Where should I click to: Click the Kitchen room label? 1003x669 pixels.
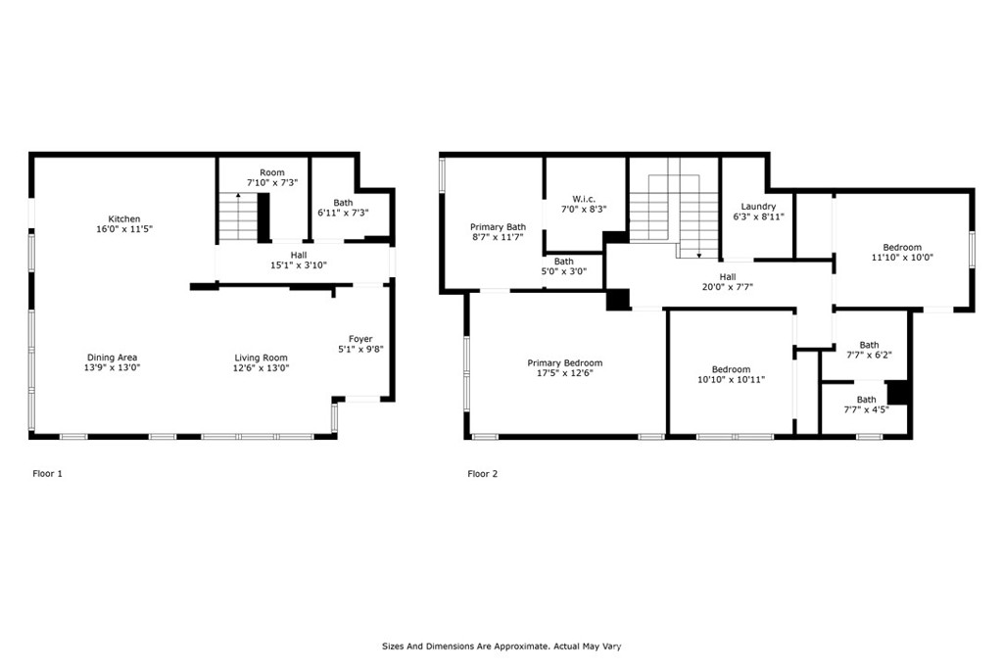pos(123,219)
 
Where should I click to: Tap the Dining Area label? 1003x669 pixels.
pos(111,358)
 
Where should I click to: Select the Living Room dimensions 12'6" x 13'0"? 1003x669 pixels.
pos(261,368)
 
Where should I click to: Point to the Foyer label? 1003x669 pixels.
pos(360,339)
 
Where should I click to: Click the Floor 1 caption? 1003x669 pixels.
pos(48,474)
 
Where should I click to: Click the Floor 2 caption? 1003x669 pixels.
pos(482,474)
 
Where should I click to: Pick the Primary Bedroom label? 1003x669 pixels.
pos(564,363)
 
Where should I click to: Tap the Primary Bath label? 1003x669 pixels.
pos(498,226)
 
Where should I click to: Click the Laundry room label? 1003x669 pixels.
pos(758,207)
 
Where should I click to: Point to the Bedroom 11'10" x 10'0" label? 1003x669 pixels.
pos(901,247)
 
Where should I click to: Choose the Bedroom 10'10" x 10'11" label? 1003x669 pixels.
pos(731,369)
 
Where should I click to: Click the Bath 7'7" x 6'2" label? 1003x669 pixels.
pos(869,345)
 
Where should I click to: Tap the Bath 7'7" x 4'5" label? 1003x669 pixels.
pos(866,400)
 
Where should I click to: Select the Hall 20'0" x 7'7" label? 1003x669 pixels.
pos(728,277)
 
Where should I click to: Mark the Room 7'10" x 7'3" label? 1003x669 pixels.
pos(271,173)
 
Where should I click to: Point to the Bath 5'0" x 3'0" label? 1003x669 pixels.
pos(563,262)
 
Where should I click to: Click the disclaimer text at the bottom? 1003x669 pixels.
pos(501,646)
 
